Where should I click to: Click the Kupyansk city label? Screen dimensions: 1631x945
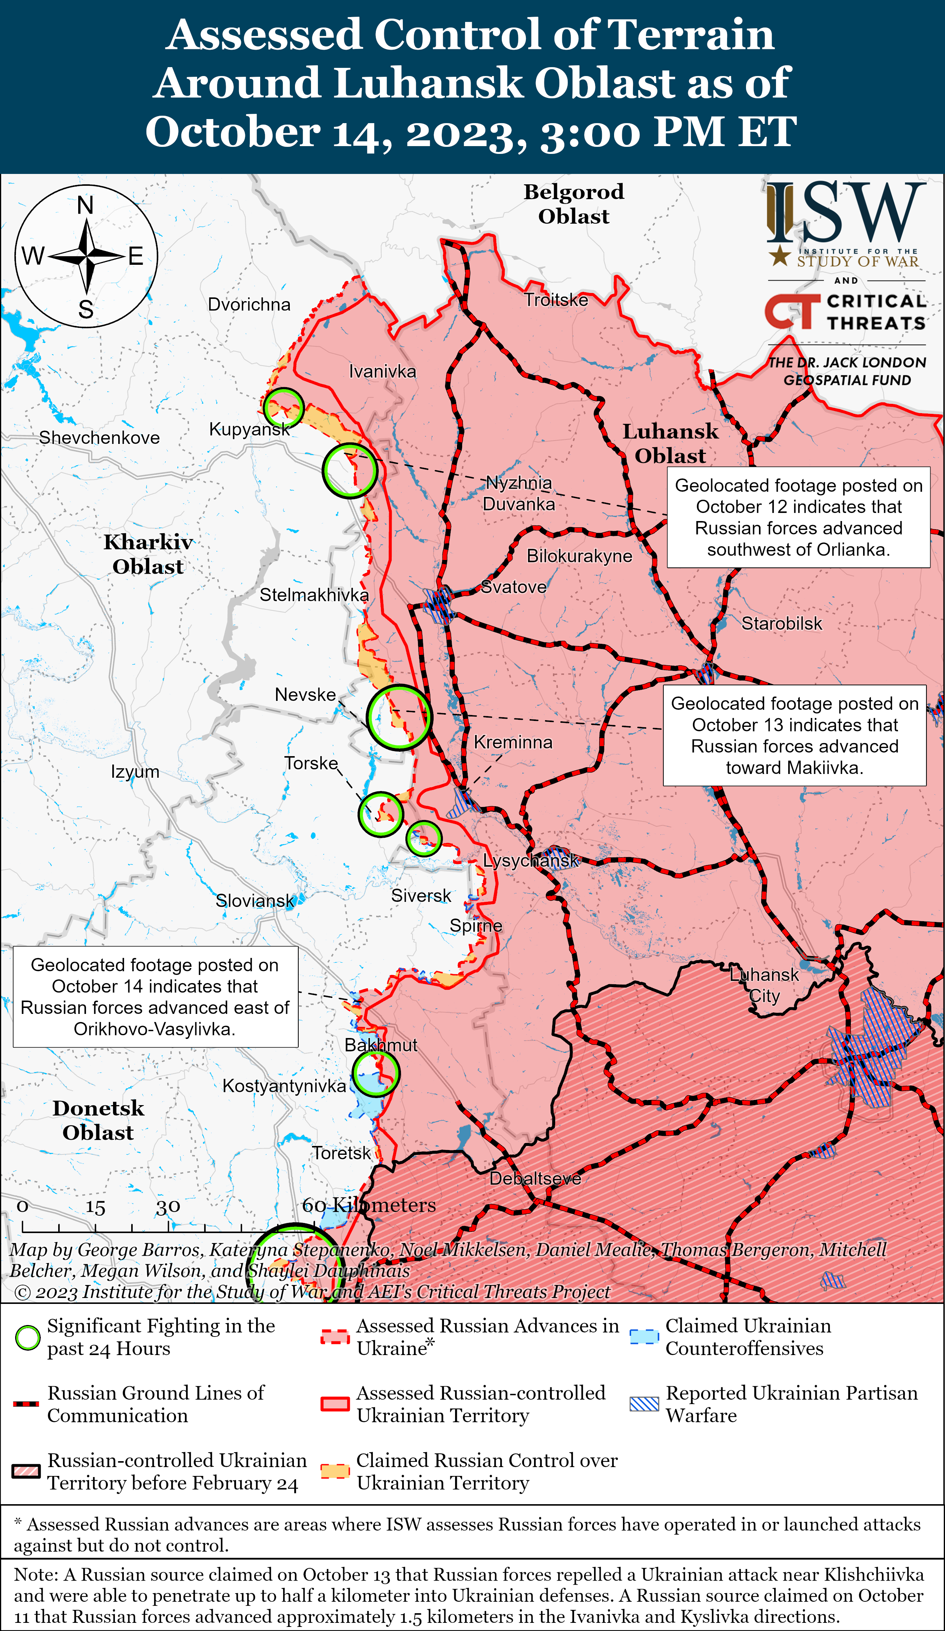pos(249,429)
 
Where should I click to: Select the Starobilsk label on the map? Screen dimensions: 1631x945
pos(781,623)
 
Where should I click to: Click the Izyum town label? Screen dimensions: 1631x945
pos(135,771)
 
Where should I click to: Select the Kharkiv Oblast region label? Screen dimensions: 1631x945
pos(148,554)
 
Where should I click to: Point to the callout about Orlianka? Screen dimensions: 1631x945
pos(798,517)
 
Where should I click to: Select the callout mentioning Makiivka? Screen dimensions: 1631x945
pos(794,735)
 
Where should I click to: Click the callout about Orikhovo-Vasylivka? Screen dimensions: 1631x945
pos(155,997)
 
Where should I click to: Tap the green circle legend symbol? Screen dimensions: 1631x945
pos(28,1338)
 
